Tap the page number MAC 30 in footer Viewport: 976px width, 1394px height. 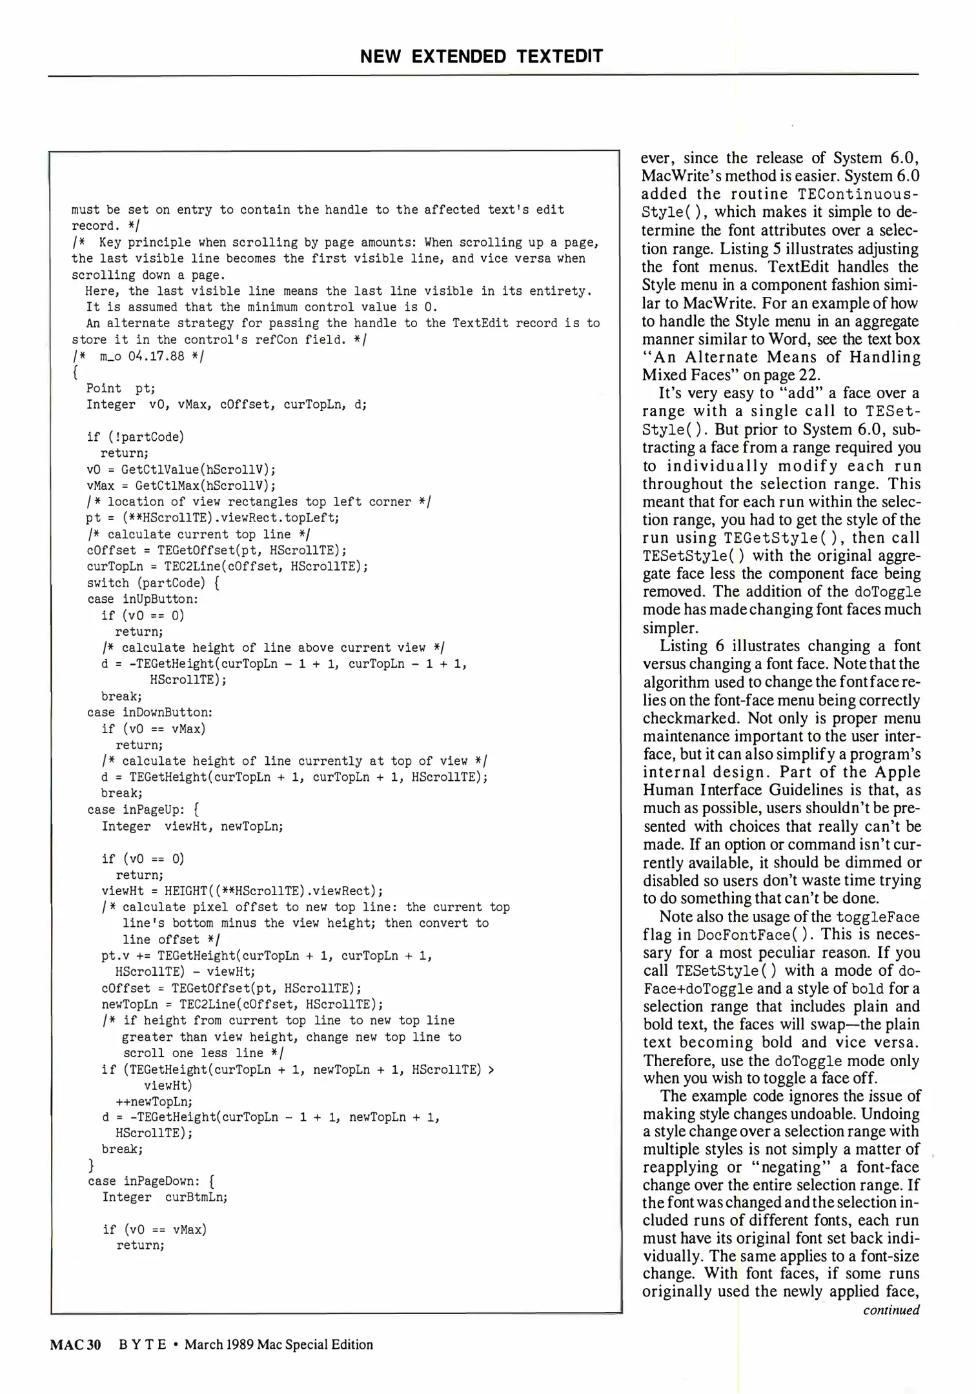(76, 1344)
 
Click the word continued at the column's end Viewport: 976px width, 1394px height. (891, 1310)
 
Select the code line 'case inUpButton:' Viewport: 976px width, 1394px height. (143, 599)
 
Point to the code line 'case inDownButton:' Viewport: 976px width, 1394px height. (150, 712)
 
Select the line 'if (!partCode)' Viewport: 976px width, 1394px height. (135, 437)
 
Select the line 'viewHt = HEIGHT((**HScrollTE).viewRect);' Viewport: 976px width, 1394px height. (242, 891)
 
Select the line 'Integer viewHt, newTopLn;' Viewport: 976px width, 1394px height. (192, 826)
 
